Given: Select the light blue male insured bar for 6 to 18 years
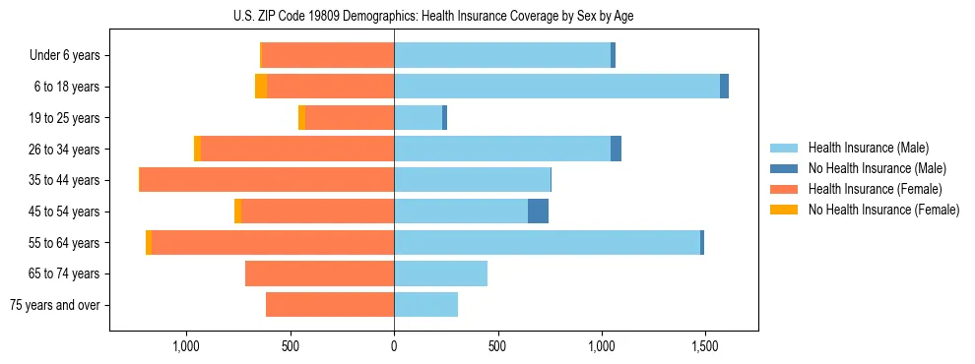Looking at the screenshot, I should click(x=556, y=87).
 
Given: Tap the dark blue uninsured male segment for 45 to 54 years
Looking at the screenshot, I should click(x=538, y=212).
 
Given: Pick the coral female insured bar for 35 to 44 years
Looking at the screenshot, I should click(x=267, y=180).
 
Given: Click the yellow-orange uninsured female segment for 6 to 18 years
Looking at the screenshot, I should click(x=261, y=87).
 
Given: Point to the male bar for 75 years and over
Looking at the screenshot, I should click(x=425, y=305).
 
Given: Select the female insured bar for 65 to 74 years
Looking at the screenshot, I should click(x=319, y=273).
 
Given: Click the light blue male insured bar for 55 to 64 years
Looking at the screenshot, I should click(x=547, y=243).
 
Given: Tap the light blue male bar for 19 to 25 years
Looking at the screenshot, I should click(x=418, y=118).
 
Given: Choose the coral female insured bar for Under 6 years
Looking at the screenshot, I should click(x=328, y=56).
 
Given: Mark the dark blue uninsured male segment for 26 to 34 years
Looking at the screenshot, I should click(x=616, y=149).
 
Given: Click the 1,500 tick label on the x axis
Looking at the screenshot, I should click(x=705, y=346).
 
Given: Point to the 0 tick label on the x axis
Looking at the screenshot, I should click(x=394, y=346).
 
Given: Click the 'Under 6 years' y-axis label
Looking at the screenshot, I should click(x=64, y=56).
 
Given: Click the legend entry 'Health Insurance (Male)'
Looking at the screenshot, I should click(x=868, y=149).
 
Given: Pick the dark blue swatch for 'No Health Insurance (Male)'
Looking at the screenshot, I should click(x=784, y=169).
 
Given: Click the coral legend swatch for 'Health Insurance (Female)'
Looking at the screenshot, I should click(x=784, y=189).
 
